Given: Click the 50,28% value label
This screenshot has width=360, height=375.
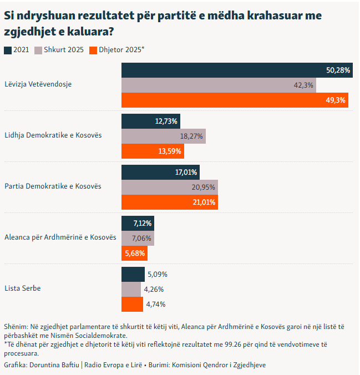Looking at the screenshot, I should (338, 70).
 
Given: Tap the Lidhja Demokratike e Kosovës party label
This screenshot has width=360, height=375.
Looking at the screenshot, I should (53, 135).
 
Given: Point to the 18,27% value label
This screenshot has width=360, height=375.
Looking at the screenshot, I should (191, 136).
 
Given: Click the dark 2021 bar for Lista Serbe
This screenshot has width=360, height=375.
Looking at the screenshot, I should (133, 274).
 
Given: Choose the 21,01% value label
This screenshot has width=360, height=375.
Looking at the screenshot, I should (204, 202).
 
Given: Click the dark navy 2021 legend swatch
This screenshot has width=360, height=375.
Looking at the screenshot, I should (8, 50).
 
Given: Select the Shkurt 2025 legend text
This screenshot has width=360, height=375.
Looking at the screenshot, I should (64, 50).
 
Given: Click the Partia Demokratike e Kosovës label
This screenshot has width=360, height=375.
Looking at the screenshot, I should (53, 186).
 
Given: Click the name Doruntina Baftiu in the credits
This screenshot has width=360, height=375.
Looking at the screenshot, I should (55, 365).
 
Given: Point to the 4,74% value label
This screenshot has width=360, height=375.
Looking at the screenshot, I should (156, 304).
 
